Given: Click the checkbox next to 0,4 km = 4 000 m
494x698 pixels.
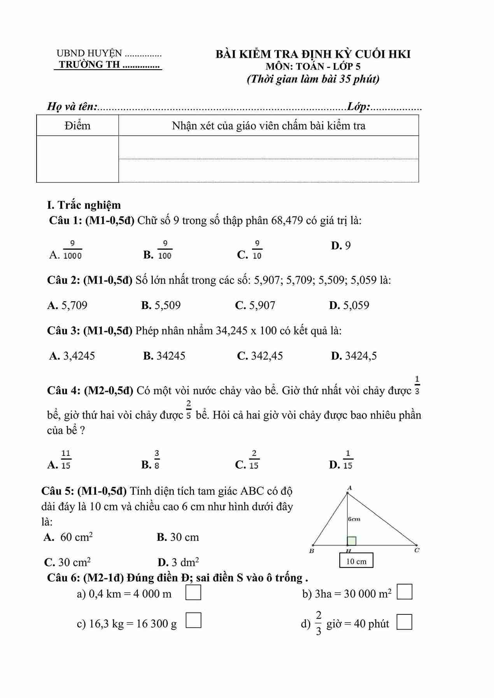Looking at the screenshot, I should point(193,593).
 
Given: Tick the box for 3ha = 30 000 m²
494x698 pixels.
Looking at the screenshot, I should point(404,592).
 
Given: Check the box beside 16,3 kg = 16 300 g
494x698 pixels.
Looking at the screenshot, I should point(193,620).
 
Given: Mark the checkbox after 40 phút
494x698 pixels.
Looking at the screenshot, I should point(404,622).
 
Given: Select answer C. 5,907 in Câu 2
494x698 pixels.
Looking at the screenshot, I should point(255,305).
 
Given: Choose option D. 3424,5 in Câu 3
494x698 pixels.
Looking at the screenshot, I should point(354,356).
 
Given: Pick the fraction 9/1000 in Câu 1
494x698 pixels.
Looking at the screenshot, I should point(72,250).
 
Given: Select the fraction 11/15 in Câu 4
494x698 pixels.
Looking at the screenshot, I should point(65,459).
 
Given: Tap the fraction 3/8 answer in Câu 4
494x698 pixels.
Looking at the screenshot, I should point(156,459).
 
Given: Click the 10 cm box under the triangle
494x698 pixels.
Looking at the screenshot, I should point(356,561).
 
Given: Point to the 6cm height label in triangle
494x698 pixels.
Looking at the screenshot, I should point(354,519).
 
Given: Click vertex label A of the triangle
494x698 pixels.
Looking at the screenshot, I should point(349,488).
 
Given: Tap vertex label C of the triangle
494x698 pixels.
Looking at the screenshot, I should point(417,550).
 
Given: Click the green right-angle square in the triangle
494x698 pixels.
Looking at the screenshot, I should point(352,541).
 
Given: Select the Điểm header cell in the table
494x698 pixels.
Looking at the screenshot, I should point(77,126).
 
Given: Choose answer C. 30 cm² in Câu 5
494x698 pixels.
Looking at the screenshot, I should point(68,562).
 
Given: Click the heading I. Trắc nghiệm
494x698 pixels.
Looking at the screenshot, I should point(84,205).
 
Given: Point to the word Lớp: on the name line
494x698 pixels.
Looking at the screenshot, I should point(358,106).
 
